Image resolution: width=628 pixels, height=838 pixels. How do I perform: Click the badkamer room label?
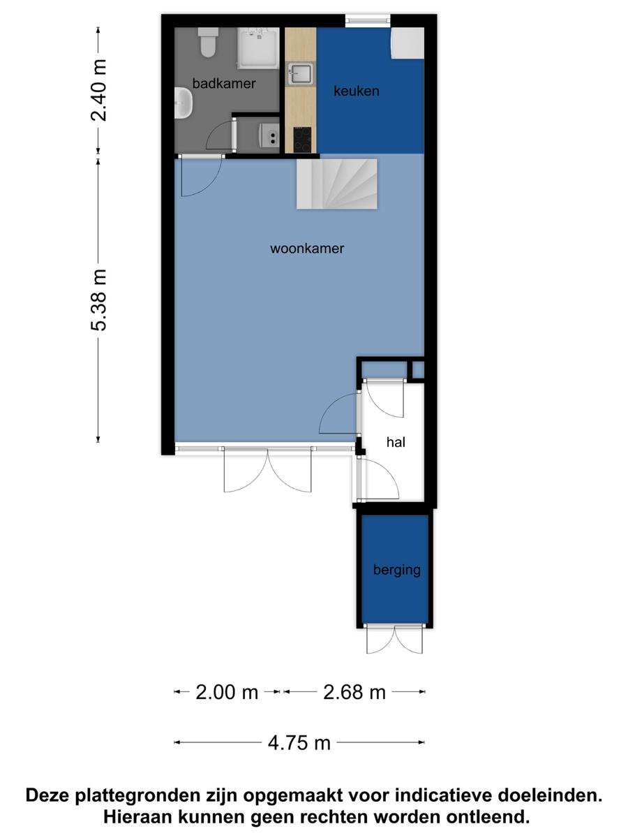(224, 84)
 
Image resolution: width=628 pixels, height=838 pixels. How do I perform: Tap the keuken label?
(356, 91)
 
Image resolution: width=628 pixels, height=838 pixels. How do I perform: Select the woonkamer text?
(307, 249)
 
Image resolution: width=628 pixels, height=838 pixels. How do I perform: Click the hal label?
(396, 442)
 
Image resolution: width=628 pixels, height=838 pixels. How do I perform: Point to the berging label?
(396, 570)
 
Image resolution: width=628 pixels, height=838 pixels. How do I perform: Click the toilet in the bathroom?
(208, 43)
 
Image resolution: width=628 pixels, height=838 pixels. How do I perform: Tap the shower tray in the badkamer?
(258, 48)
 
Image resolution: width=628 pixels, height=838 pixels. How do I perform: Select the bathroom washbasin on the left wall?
(184, 103)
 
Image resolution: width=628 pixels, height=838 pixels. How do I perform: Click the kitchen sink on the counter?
(301, 74)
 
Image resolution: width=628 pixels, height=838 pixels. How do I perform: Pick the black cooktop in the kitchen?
(302, 140)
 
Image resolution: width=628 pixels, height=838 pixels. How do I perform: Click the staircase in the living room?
(337, 184)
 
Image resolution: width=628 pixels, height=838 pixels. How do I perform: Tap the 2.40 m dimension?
(99, 91)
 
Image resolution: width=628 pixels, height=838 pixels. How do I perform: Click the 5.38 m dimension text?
(99, 300)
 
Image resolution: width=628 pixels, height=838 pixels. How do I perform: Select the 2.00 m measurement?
(227, 692)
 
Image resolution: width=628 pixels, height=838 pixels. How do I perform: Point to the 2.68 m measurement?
(354, 692)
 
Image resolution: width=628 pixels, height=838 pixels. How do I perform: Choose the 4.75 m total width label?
(299, 743)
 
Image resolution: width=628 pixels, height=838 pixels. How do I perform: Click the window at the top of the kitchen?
(368, 21)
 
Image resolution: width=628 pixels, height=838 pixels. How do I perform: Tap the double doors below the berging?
(395, 639)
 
